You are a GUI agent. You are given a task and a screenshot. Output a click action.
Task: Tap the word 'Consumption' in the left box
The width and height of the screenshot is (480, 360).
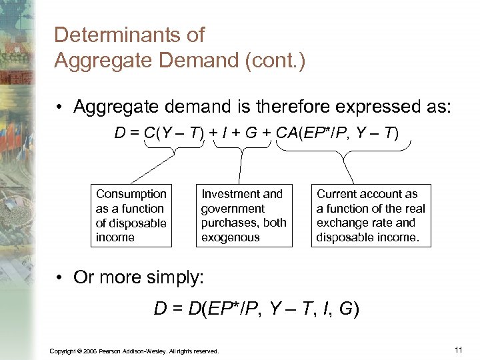pyautogui.click(x=131, y=194)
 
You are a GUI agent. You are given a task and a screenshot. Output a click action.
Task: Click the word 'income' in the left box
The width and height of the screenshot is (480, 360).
pyautogui.click(x=115, y=237)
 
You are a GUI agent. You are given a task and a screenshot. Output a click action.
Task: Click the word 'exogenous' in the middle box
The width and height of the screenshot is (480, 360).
pyautogui.click(x=231, y=237)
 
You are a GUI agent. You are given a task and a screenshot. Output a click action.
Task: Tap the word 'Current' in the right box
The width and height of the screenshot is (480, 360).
pyautogui.click(x=338, y=194)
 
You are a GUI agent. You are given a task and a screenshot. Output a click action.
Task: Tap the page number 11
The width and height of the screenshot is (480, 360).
pyautogui.click(x=458, y=349)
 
